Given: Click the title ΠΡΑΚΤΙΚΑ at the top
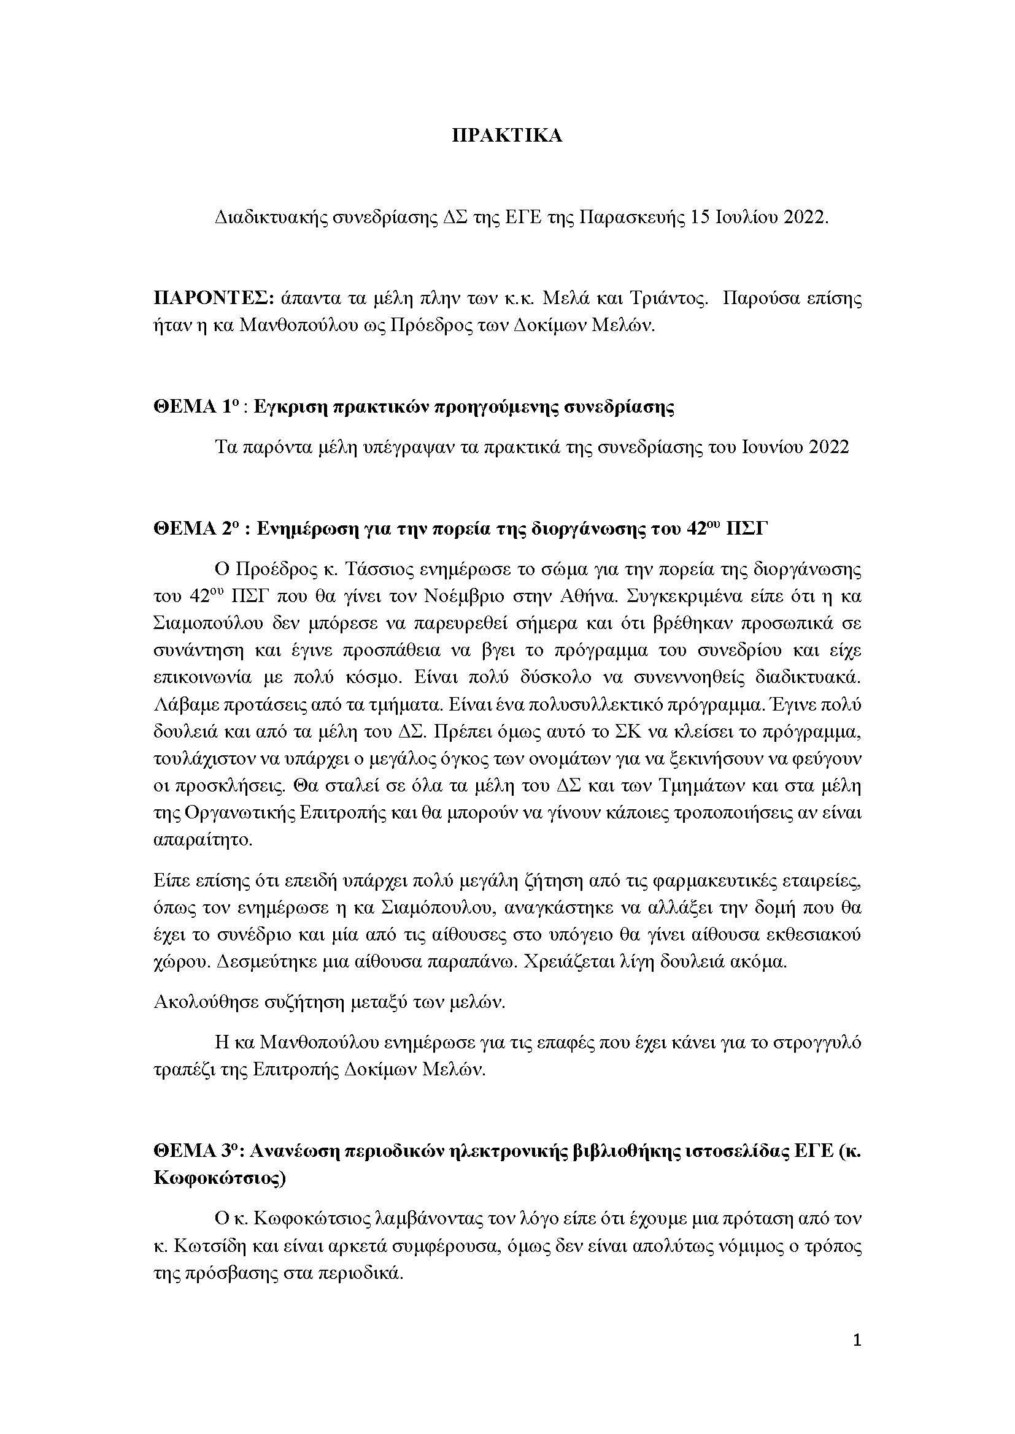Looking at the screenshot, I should coord(507,136).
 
